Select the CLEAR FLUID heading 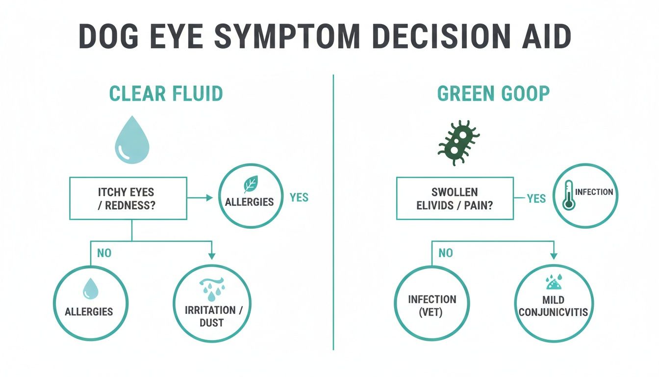[166, 94]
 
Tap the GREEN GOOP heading [493, 94]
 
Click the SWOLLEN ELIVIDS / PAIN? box [454, 198]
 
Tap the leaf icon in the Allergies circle [251, 185]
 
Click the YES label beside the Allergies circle [299, 197]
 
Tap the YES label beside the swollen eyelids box [536, 198]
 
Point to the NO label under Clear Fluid [104, 253]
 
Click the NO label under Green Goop [445, 253]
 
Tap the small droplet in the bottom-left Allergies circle [90, 289]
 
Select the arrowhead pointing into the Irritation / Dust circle [212, 256]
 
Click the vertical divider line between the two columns [333, 211]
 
